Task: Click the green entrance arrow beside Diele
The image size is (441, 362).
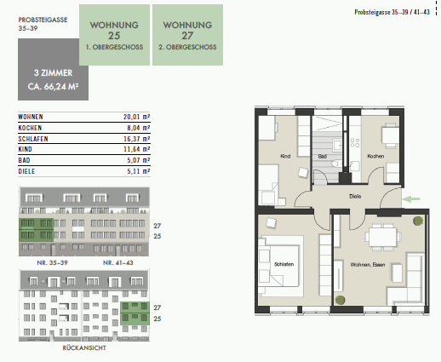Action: coord(411,199)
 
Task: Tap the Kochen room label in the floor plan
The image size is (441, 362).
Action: coord(375,156)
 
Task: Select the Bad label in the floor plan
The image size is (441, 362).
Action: coord(323,156)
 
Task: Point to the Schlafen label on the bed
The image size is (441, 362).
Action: coord(283,264)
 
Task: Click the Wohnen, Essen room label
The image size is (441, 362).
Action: coord(368,265)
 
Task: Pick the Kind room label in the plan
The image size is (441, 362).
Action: coord(285,156)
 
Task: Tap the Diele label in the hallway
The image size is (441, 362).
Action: coord(355,196)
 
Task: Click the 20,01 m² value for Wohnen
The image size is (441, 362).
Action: coord(136,117)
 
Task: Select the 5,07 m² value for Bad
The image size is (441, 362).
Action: coord(139,160)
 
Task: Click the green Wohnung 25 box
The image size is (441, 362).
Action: coord(114,35)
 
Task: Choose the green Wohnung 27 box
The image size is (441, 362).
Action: coord(187,35)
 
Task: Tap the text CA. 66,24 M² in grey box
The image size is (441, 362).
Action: coord(53,87)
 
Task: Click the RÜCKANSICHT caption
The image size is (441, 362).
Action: coord(84,348)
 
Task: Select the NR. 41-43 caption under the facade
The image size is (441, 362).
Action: coord(118,262)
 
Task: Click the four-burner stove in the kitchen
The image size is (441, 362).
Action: coord(355,142)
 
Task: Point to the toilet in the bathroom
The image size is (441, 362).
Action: coord(335,164)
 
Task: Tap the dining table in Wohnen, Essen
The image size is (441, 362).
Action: coord(383,237)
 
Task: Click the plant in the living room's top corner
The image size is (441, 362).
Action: coord(418,221)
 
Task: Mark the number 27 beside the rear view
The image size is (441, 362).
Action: coord(157,307)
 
